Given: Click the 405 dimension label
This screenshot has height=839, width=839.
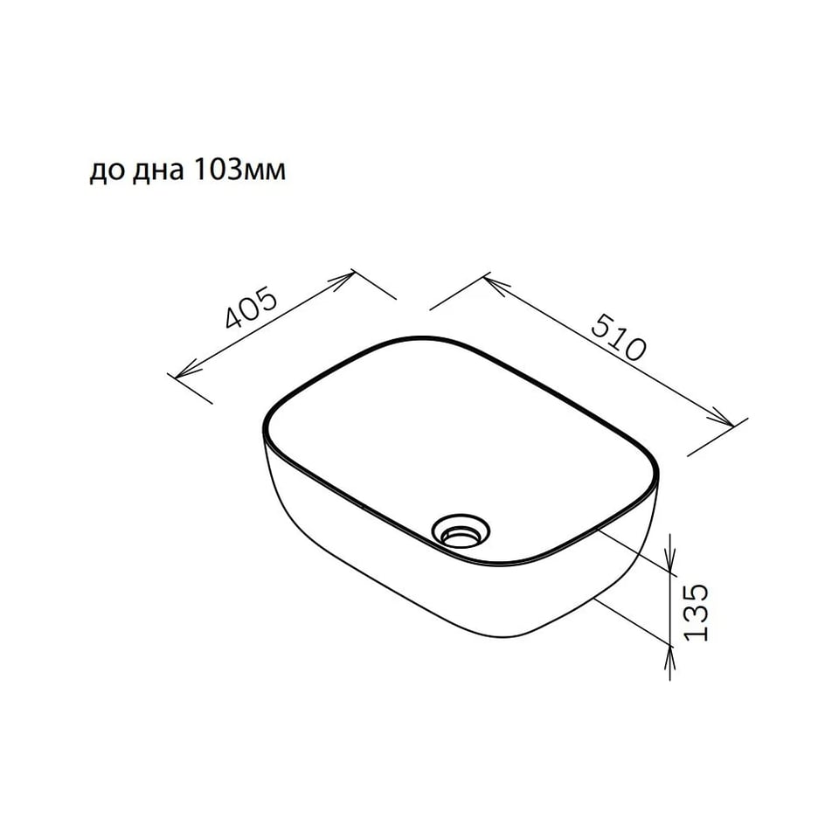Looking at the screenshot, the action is point(251,308).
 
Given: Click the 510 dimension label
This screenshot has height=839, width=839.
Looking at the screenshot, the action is point(619,337).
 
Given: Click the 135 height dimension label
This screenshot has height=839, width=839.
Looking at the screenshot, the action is point(697,612).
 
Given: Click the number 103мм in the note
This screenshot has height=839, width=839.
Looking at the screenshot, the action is point(238,170).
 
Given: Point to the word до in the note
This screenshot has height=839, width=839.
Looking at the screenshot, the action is point(107,172).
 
